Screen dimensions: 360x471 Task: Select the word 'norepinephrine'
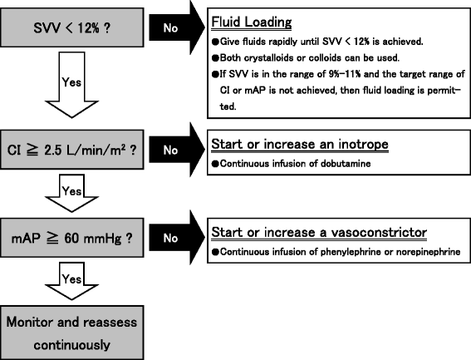pyautogui.click(x=421, y=251)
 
